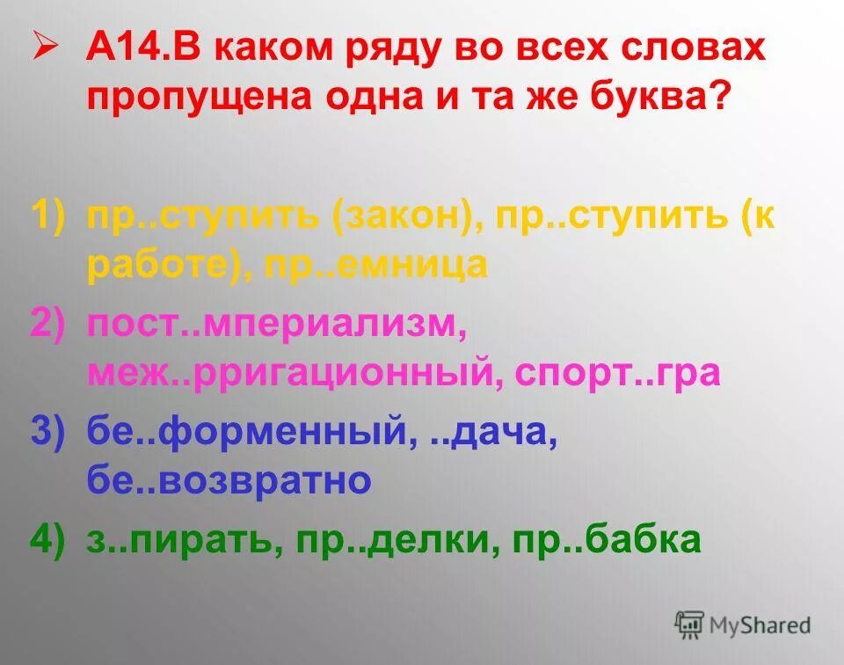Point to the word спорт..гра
pyautogui.click(x=618, y=372)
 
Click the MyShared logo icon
pyautogui.click(x=689, y=625)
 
